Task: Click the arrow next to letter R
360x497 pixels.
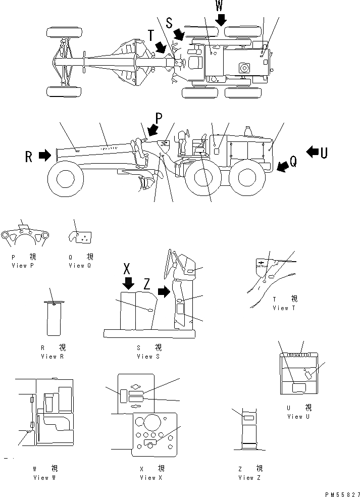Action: pos(44,156)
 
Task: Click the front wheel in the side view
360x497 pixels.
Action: pos(65,178)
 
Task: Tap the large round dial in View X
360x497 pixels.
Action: pos(151,421)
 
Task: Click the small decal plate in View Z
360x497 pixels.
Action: pos(248,418)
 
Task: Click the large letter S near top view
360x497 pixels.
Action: pos(169,23)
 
